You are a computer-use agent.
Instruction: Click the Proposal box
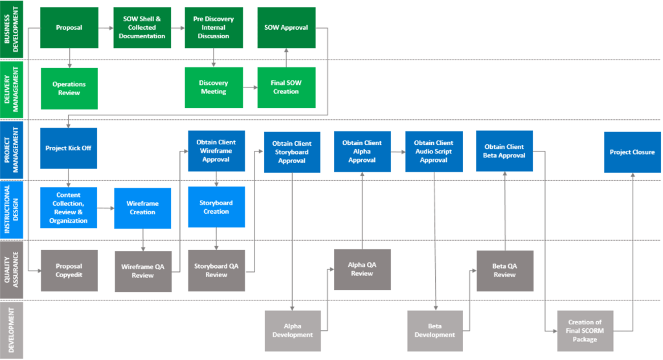click(69, 27)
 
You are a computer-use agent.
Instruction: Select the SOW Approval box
click(286, 27)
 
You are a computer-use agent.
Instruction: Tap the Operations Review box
click(69, 89)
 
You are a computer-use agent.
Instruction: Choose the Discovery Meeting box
click(214, 87)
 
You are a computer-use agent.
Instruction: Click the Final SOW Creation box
click(286, 87)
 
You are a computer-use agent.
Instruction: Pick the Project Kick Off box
click(69, 148)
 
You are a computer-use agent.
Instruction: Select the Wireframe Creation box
click(142, 208)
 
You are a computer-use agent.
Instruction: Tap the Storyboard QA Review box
click(216, 271)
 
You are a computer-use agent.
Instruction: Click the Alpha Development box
click(293, 331)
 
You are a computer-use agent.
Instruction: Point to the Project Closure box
click(632, 152)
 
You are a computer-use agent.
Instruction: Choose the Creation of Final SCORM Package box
click(585, 331)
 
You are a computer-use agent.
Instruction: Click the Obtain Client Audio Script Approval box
click(434, 152)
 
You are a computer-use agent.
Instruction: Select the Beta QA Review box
click(505, 271)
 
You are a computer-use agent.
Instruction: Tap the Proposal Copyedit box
click(69, 271)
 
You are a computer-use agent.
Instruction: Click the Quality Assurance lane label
click(12, 270)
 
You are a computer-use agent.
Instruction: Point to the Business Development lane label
click(12, 29)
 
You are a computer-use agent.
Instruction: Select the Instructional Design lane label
click(12, 210)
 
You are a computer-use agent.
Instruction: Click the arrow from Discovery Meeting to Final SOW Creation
click(250, 87)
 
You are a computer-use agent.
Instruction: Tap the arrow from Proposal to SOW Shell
click(106, 28)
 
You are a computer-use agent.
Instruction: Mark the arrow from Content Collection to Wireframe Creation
click(106, 208)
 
